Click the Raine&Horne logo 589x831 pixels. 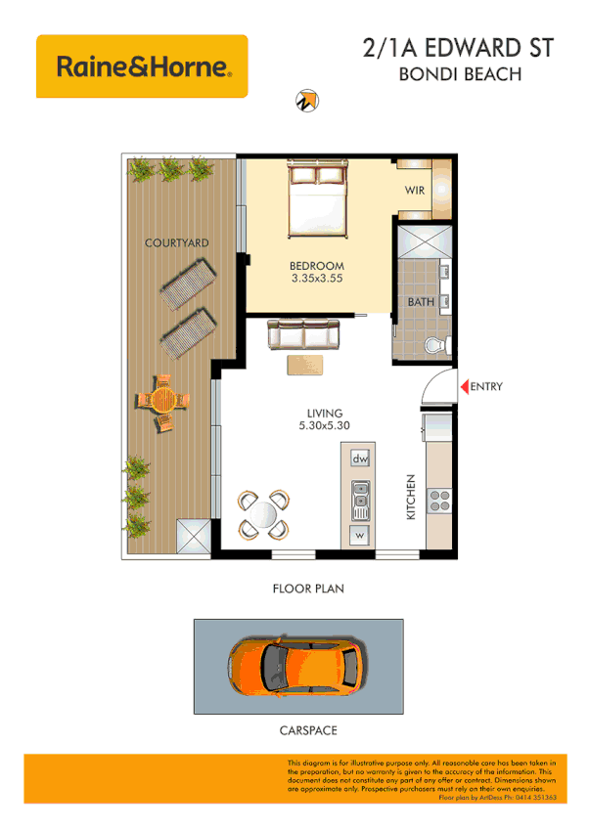tap(142, 66)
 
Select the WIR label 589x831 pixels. tap(415, 192)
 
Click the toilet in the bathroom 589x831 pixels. tap(438, 344)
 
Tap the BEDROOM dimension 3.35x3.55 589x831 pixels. tap(318, 279)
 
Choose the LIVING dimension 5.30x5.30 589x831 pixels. tap(325, 425)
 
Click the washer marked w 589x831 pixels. tap(360, 536)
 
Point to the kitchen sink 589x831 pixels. tap(360, 501)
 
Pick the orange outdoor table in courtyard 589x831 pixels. tap(162, 402)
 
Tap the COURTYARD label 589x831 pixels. tap(176, 242)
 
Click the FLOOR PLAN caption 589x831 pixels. tap(307, 590)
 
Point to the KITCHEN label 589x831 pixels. tap(412, 497)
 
